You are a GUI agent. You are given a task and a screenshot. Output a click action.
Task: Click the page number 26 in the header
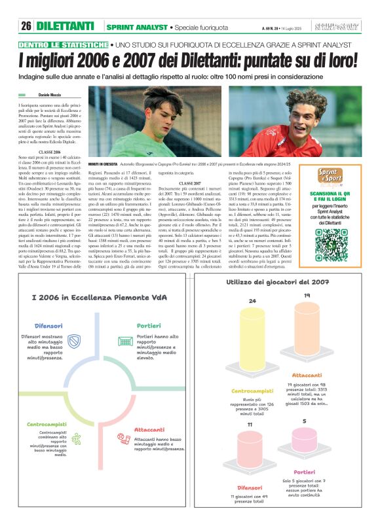26,26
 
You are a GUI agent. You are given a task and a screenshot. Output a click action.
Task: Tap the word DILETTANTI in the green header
65,26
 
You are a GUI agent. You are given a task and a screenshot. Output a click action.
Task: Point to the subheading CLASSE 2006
50,152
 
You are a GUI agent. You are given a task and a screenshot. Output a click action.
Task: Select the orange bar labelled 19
307,327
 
